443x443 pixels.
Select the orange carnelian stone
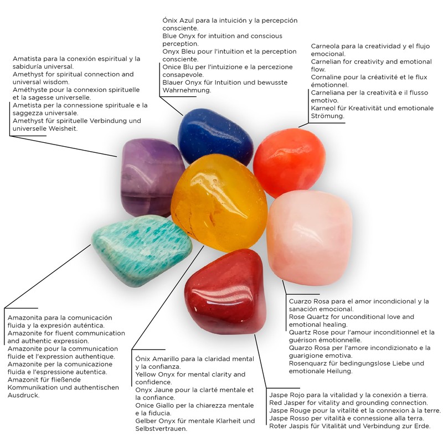289,162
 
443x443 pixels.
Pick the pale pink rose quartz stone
309,237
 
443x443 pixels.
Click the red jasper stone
224,291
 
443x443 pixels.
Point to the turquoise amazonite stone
141,249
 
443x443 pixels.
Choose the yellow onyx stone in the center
218,202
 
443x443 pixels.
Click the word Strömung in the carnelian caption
328,116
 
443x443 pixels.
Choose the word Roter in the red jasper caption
279,426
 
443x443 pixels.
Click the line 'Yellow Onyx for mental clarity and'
190,374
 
